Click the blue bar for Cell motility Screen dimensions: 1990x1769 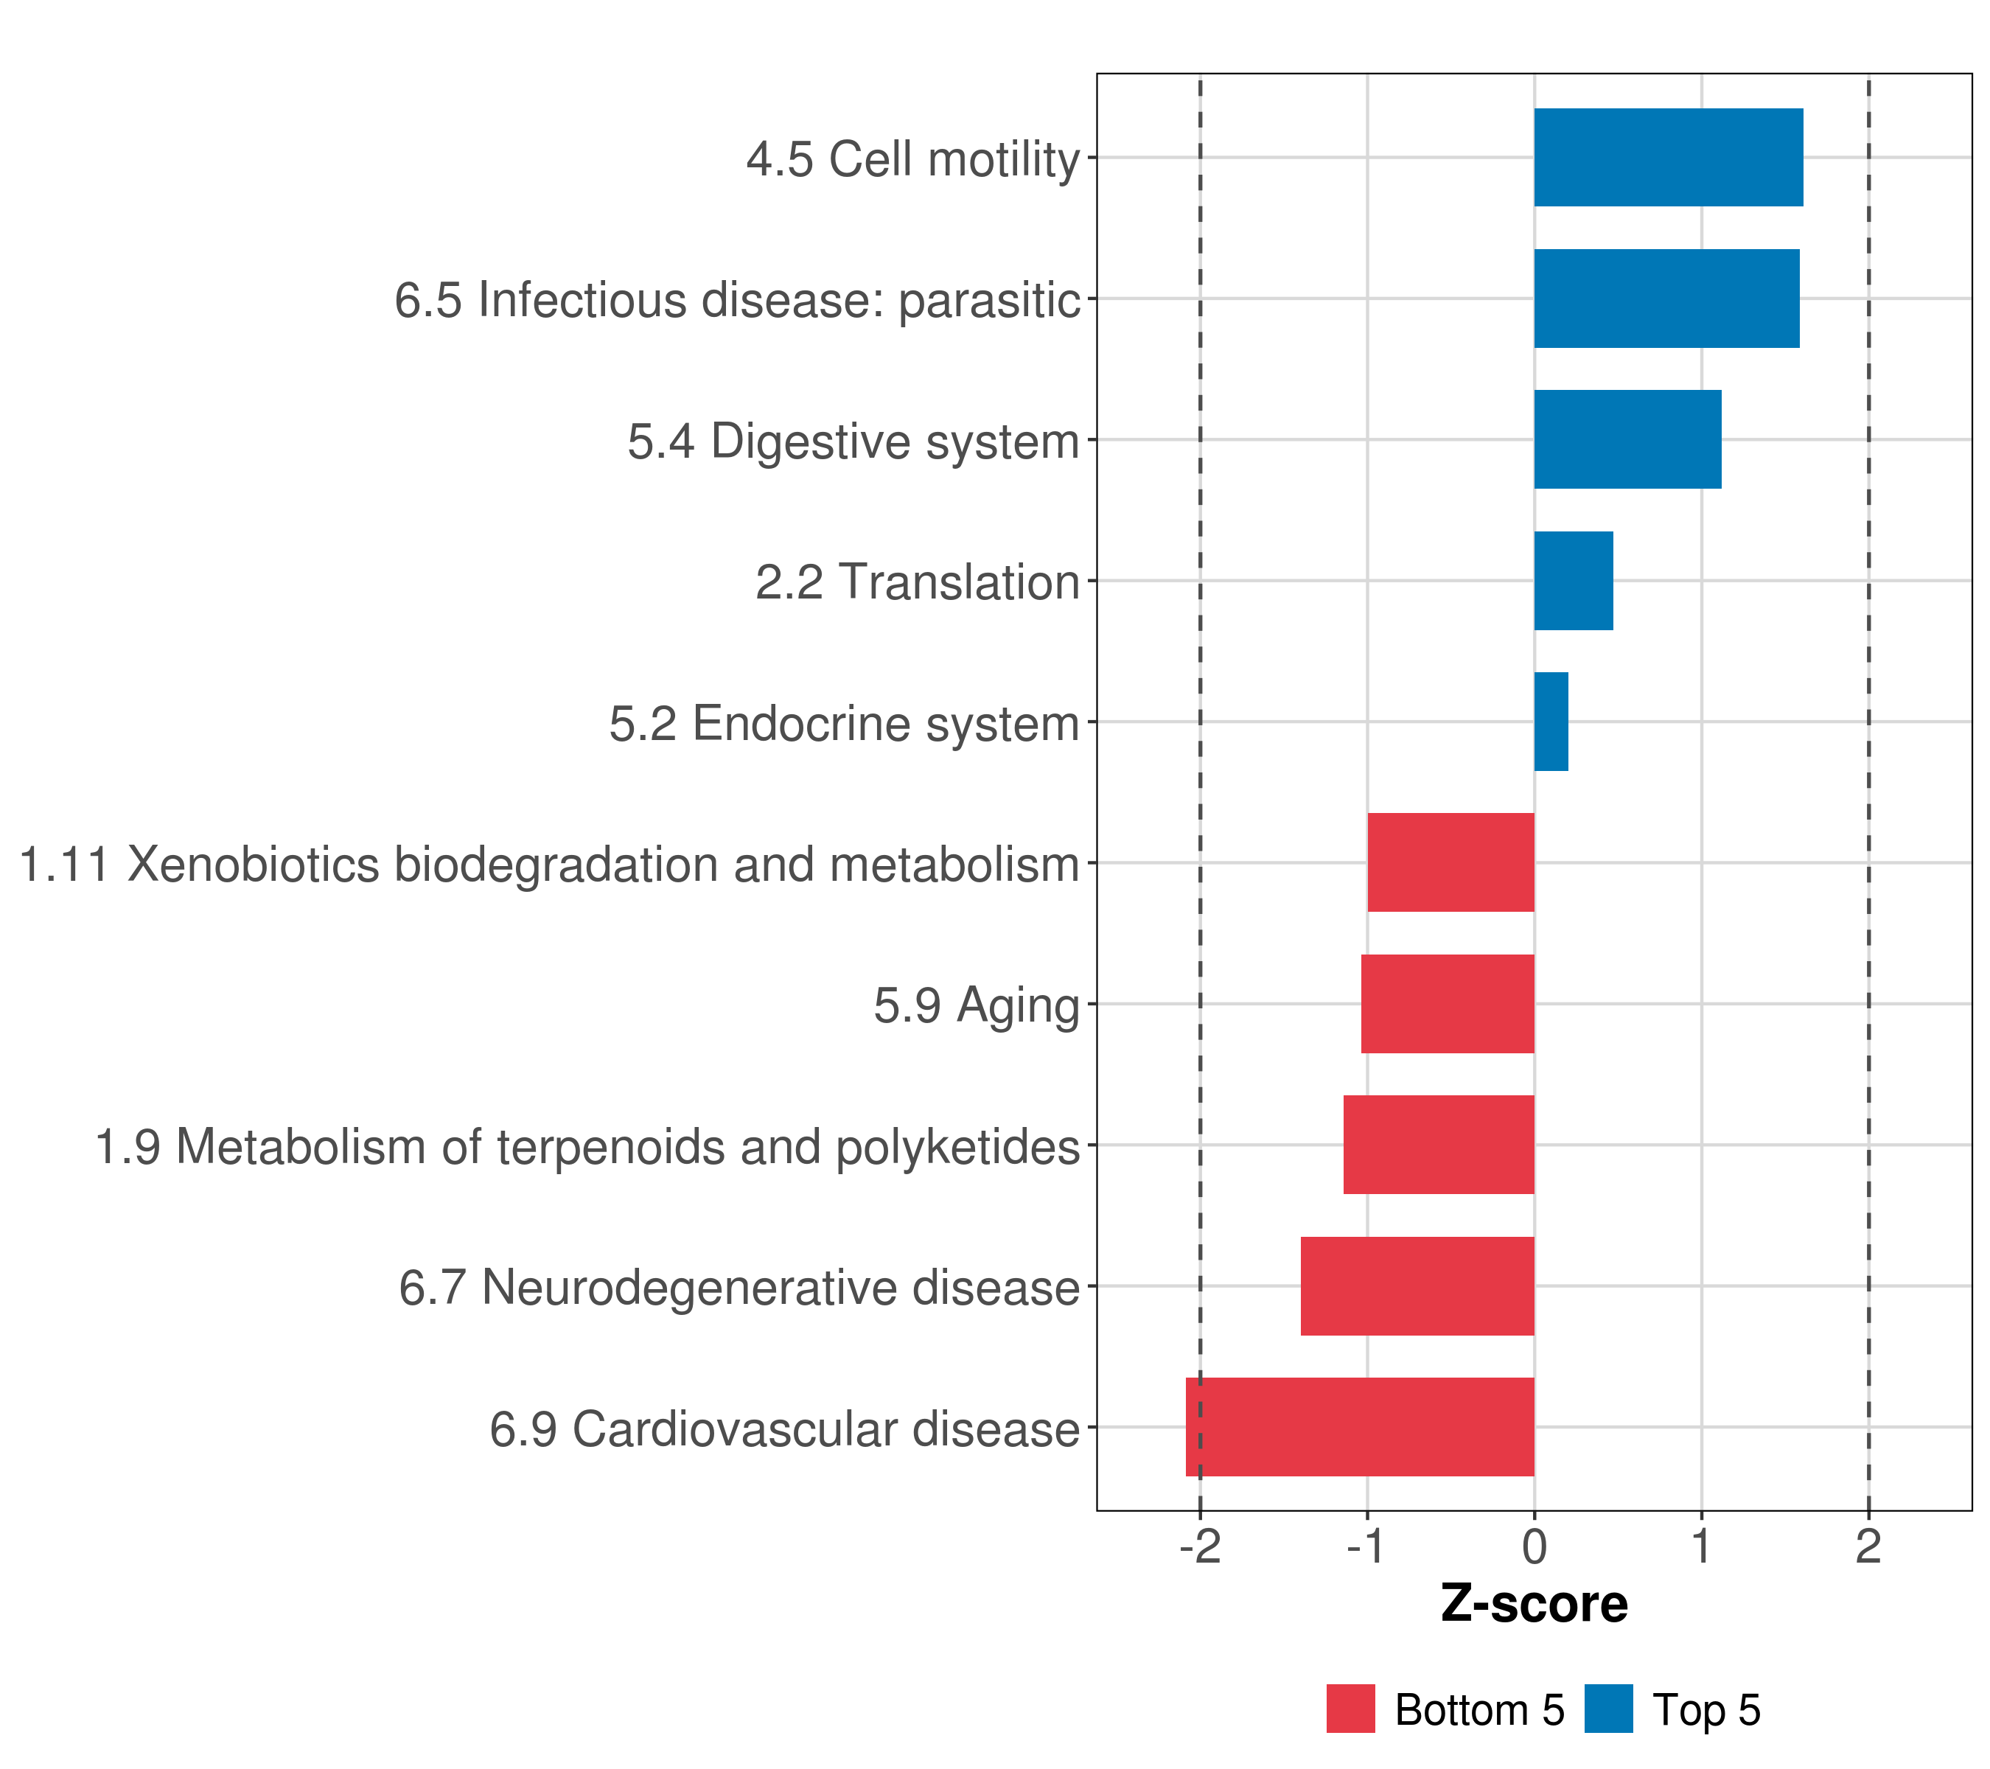pyautogui.click(x=1669, y=158)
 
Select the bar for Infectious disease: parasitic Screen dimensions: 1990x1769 pyautogui.click(x=1666, y=299)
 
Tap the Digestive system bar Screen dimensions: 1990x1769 pyautogui.click(x=1628, y=439)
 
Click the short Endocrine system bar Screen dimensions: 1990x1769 pyautogui.click(x=1551, y=722)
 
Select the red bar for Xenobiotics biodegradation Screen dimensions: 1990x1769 pyautogui.click(x=1450, y=862)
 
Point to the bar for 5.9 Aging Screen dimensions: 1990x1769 pyautogui.click(x=1448, y=1004)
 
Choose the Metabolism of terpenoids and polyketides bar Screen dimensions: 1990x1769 pyautogui.click(x=1439, y=1145)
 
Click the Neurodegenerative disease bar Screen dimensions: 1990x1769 pyautogui.click(x=1417, y=1286)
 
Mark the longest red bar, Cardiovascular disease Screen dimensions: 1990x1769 pyautogui.click(x=1360, y=1427)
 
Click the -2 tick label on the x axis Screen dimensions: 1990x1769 pyautogui.click(x=1201, y=1547)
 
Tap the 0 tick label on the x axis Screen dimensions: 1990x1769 pyautogui.click(x=1535, y=1547)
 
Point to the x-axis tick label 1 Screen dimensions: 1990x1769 pyautogui.click(x=1702, y=1547)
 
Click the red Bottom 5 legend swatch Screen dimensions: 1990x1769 pyautogui.click(x=1350, y=1709)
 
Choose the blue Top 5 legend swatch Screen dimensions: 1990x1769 pyautogui.click(x=1608, y=1709)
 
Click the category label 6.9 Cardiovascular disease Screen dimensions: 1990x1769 pyautogui.click(x=785, y=1429)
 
